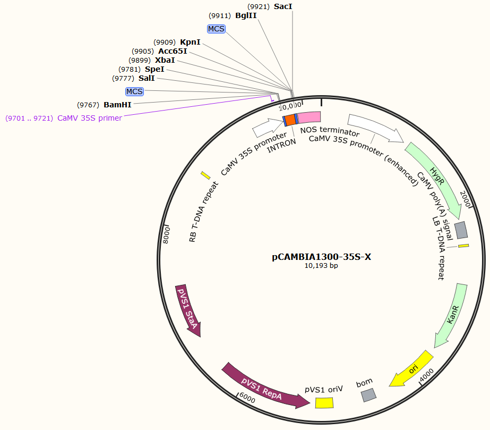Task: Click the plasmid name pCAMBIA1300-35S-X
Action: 321,257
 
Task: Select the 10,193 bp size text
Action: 321,266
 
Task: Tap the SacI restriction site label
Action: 283,6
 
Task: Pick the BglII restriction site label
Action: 246,16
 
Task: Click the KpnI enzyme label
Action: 190,41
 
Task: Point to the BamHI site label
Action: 117,105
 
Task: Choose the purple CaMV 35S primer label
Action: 89,118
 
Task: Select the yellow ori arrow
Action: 412,368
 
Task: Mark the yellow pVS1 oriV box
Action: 324,402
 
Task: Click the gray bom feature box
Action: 368,394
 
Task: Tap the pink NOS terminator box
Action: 308,117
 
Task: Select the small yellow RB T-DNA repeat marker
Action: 205,175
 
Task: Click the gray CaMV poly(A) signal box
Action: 461,230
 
